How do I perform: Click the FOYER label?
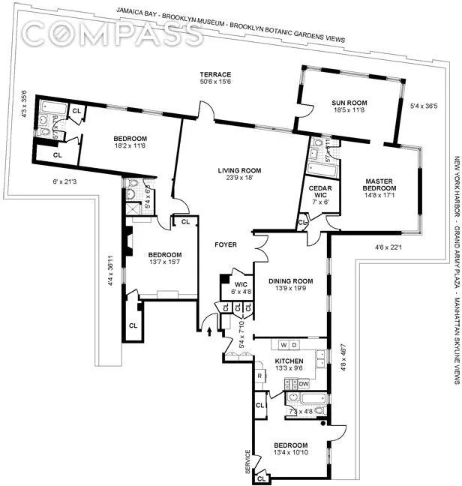(226, 244)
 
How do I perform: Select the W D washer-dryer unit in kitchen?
(289, 324)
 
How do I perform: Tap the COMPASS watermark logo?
(112, 31)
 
